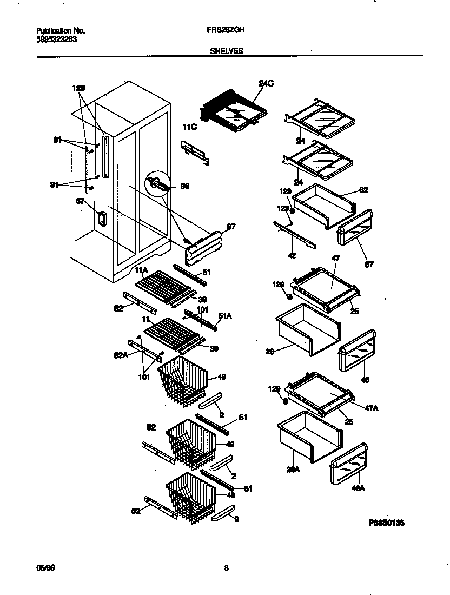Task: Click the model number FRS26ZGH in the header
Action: [226, 31]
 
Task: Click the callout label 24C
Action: [266, 83]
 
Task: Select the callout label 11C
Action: [189, 127]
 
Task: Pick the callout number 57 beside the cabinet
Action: [81, 201]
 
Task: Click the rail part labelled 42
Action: [295, 233]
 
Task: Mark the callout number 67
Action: [368, 264]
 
